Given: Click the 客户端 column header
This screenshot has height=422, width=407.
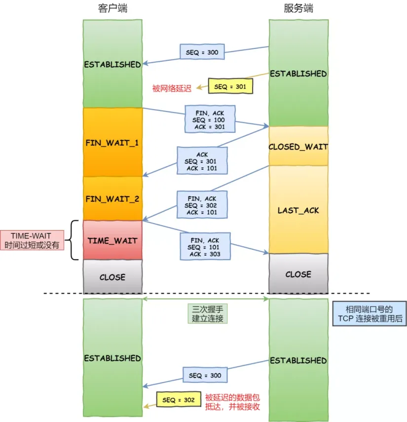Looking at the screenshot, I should [x=112, y=9].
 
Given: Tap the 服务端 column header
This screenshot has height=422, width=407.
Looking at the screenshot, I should [x=298, y=9].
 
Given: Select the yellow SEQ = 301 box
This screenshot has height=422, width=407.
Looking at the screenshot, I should [x=230, y=86].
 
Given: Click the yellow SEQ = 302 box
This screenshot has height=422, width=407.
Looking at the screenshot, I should [x=178, y=400].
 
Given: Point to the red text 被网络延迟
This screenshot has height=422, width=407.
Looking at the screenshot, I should [x=171, y=88].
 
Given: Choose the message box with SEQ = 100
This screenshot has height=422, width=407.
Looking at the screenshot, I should [x=209, y=118].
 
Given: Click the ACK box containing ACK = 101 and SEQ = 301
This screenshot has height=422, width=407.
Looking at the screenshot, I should [x=202, y=161].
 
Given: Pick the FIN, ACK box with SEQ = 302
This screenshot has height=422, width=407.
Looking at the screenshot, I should [x=202, y=205].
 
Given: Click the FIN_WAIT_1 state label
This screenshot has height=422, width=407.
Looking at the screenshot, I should [x=112, y=143].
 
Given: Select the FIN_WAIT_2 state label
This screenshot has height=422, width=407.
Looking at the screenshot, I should [x=112, y=199].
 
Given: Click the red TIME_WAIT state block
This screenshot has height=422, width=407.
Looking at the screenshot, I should [x=112, y=240].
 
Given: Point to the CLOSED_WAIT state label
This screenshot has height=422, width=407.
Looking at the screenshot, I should [x=298, y=147].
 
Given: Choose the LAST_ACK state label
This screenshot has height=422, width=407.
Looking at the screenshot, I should [x=298, y=210].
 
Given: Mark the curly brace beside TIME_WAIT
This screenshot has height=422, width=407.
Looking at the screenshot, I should [x=74, y=240].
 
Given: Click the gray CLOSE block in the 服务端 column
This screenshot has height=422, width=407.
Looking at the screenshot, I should [x=298, y=274].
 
